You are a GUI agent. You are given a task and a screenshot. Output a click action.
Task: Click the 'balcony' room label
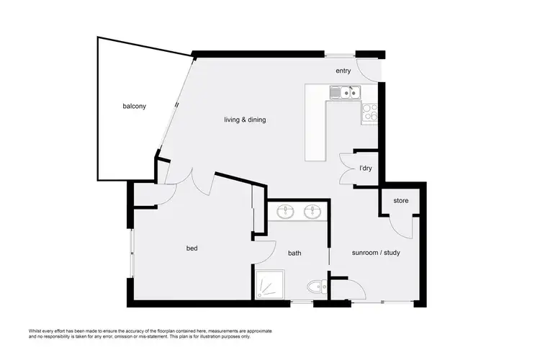pos(135,107)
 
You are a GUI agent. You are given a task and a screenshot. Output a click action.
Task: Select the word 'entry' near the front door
pos(343,71)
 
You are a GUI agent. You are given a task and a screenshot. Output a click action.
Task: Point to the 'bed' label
pos(192,248)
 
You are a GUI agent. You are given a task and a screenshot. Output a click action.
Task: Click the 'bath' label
pos(294,253)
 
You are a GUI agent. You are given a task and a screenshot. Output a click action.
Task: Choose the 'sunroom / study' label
pos(375,253)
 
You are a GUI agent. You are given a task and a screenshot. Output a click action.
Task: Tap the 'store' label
pos(401,200)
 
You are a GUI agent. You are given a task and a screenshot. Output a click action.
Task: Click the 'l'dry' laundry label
pos(366,168)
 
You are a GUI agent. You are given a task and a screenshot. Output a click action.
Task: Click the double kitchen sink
pos(345,92)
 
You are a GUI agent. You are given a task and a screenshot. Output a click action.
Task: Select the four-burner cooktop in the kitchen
pos(369,113)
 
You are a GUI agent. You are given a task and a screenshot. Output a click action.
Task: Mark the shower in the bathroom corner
pos(271,286)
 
